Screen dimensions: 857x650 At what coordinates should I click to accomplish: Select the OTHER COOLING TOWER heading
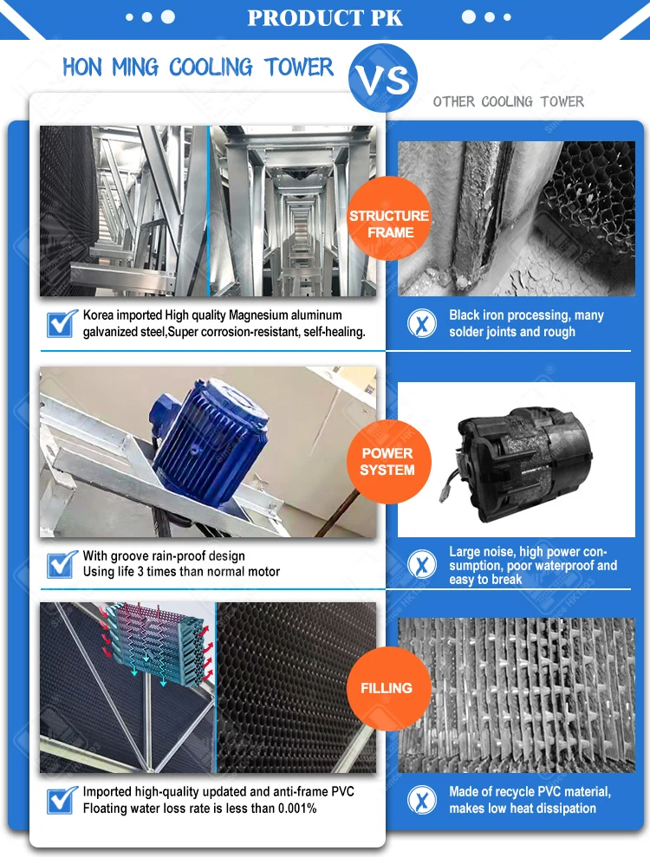pyautogui.click(x=509, y=102)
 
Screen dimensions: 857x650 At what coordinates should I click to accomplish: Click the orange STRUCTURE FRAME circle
pyautogui.click(x=389, y=224)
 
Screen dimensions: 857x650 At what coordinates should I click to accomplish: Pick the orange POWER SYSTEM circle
pyautogui.click(x=387, y=461)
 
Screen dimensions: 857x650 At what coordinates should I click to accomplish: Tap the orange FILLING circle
pyautogui.click(x=387, y=688)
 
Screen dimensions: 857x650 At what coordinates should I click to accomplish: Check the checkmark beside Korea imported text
pyautogui.click(x=61, y=324)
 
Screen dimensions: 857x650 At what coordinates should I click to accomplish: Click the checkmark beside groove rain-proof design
pyautogui.click(x=61, y=564)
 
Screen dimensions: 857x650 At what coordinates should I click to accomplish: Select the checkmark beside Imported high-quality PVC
pyautogui.click(x=61, y=800)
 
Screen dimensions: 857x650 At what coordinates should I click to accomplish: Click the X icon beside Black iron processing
pyautogui.click(x=422, y=323)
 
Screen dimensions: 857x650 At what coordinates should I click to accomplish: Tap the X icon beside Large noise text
pyautogui.click(x=422, y=565)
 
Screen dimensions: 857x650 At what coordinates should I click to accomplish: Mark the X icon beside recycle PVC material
pyautogui.click(x=422, y=800)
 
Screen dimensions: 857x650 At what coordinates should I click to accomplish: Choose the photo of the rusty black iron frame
pyautogui.click(x=517, y=218)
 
